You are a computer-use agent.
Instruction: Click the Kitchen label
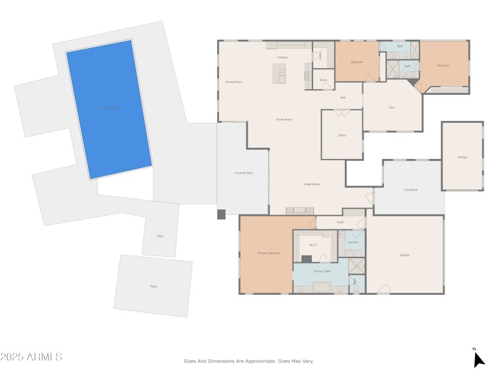282,57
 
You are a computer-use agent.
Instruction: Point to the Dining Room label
233,82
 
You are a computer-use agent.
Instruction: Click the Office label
342,135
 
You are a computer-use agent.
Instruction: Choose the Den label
392,107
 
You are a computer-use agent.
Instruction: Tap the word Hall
342,97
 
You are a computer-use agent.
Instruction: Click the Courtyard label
411,189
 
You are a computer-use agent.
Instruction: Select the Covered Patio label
243,173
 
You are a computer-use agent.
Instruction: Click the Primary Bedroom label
269,253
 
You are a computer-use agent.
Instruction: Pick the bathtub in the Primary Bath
322,287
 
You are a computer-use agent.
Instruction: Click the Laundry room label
353,242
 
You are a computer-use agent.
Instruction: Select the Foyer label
341,222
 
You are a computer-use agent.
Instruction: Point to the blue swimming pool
109,109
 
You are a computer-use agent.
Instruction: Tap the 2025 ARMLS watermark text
31,357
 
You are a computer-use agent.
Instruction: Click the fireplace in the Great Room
300,211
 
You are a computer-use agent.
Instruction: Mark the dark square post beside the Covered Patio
221,214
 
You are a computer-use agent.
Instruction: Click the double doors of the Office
342,112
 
